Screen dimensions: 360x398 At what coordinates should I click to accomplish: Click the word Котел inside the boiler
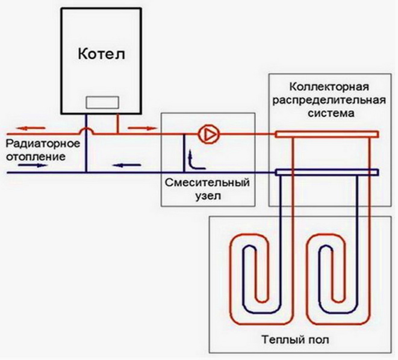click(101, 54)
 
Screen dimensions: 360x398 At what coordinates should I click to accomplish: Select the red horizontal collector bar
click(327, 134)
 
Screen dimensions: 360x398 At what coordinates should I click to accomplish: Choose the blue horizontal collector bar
click(327, 173)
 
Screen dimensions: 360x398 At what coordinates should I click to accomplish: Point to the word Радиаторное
click(40, 144)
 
